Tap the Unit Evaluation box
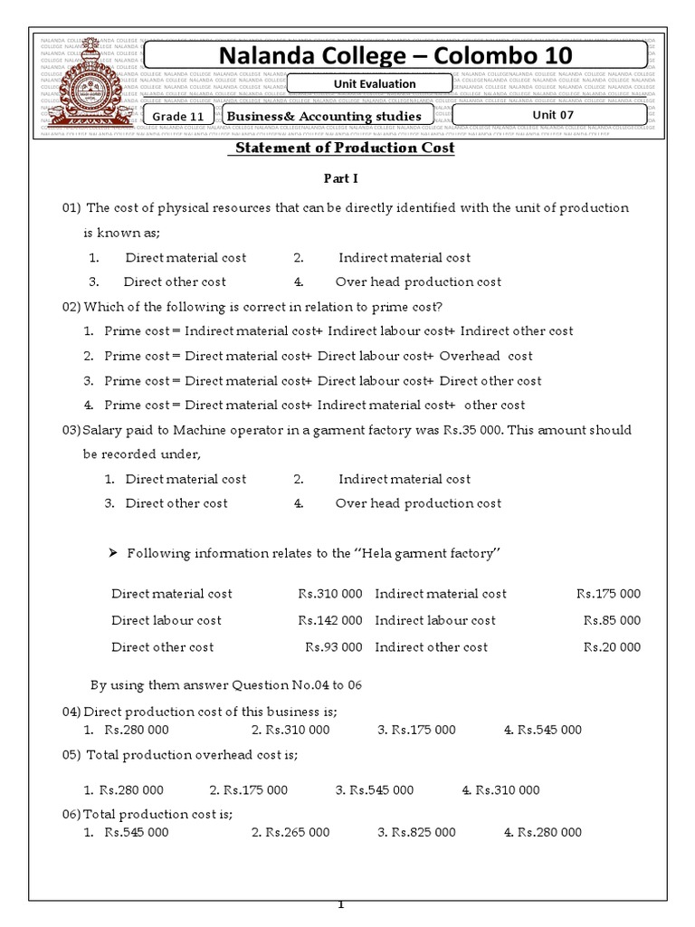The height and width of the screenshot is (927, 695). click(366, 84)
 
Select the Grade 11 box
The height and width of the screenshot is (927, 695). click(178, 116)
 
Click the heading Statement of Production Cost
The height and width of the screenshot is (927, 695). click(345, 148)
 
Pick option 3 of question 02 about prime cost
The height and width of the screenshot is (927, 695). click(322, 381)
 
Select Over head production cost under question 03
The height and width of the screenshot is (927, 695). click(417, 503)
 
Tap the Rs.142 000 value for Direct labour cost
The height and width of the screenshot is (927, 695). click(330, 621)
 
